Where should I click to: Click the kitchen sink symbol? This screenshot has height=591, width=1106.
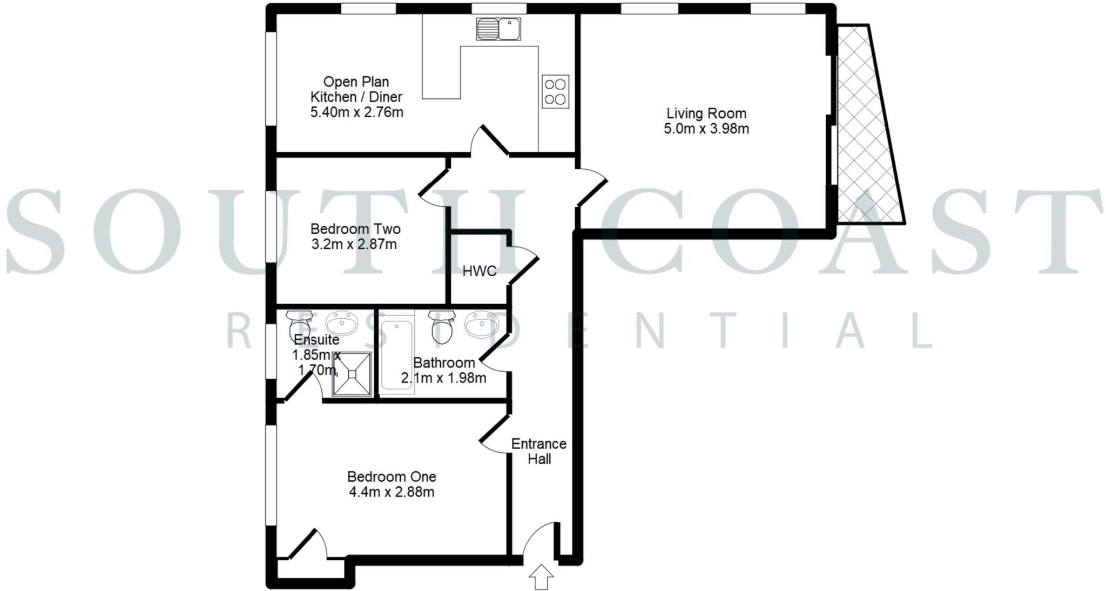click(498, 29)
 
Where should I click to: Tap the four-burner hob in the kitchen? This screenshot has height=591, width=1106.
click(555, 91)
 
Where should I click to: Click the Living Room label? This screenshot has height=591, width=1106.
click(706, 113)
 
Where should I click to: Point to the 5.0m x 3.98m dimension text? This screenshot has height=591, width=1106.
click(706, 129)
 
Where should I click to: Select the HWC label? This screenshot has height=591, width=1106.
click(480, 271)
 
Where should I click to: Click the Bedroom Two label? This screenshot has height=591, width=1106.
click(355, 229)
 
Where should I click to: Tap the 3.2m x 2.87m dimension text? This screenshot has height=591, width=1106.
click(354, 244)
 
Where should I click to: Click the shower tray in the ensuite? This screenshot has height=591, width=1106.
click(352, 374)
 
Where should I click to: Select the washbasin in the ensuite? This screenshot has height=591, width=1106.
click(342, 324)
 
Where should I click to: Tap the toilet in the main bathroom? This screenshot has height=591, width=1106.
click(441, 326)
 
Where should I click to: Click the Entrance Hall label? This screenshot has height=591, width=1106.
click(539, 451)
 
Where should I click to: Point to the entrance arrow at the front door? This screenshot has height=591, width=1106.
click(541, 577)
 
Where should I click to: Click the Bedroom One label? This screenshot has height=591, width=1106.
click(392, 477)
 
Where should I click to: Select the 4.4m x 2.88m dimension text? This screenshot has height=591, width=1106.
click(392, 492)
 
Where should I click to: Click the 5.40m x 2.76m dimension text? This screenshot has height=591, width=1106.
click(356, 112)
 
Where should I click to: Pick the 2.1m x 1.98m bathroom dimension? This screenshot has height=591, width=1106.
click(443, 378)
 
